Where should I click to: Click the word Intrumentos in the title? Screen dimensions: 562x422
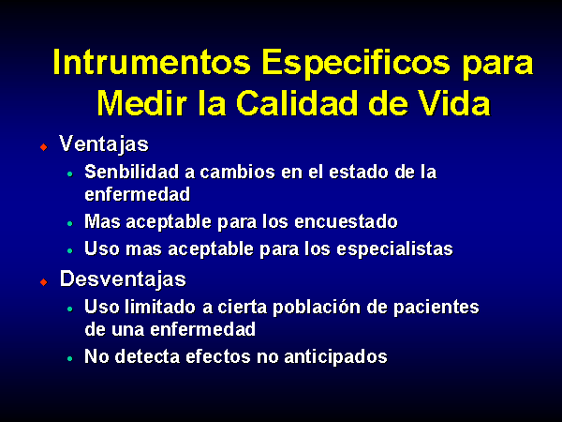click(x=152, y=62)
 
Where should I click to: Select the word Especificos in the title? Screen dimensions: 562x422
click(x=356, y=64)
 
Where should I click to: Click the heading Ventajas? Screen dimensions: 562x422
click(x=104, y=144)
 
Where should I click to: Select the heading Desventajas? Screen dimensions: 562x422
click(x=123, y=279)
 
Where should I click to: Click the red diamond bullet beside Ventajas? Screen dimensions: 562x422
click(x=44, y=147)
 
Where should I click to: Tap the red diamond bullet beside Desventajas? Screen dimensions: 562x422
click(x=44, y=282)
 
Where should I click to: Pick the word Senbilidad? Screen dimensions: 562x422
click(x=131, y=172)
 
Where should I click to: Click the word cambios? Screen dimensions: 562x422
click(x=238, y=172)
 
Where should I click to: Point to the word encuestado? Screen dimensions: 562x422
click(x=346, y=221)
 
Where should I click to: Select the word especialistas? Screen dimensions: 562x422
click(x=394, y=249)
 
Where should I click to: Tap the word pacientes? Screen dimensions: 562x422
click(x=436, y=308)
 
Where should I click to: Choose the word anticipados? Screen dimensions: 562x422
click(x=336, y=357)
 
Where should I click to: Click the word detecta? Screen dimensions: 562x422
click(x=147, y=356)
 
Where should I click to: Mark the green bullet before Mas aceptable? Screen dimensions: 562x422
click(x=70, y=223)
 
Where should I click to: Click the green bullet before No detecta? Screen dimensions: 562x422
click(x=70, y=358)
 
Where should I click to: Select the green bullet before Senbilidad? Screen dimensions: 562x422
click(x=70, y=174)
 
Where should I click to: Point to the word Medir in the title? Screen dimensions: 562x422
click(x=142, y=103)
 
